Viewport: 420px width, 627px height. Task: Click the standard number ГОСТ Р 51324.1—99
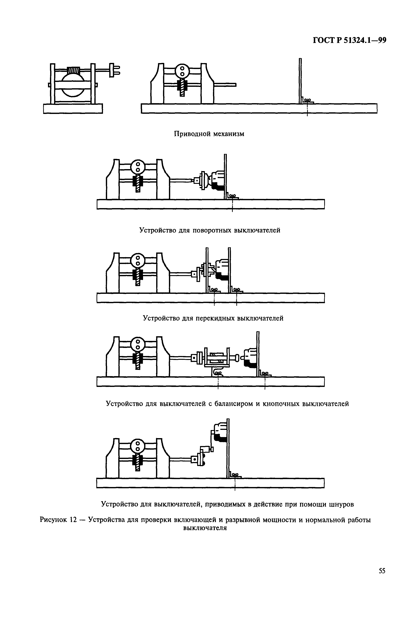(349, 40)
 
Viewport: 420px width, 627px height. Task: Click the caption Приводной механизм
(209, 134)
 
